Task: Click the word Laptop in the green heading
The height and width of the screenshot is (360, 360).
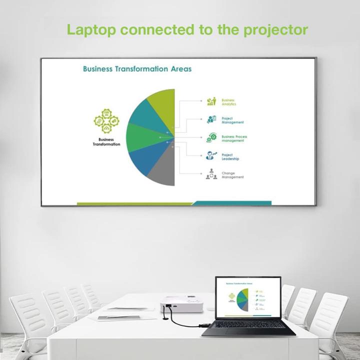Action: point(91,29)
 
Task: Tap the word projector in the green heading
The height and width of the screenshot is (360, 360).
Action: point(275,30)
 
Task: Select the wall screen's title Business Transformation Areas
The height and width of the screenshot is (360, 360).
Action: point(137,69)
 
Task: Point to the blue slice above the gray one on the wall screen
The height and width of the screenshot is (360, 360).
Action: point(145,158)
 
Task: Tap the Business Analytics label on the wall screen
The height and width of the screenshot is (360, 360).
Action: point(228,102)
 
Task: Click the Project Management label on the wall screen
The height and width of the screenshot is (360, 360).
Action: point(232,120)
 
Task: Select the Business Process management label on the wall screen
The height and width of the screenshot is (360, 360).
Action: point(234,138)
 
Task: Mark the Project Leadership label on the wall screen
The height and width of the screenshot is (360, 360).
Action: point(230,157)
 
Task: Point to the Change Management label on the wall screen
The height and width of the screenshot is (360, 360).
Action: point(232,175)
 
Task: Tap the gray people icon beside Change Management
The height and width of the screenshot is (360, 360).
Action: point(211,174)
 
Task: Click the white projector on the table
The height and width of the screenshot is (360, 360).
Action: point(181,304)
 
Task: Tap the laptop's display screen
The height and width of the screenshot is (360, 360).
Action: point(247,298)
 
